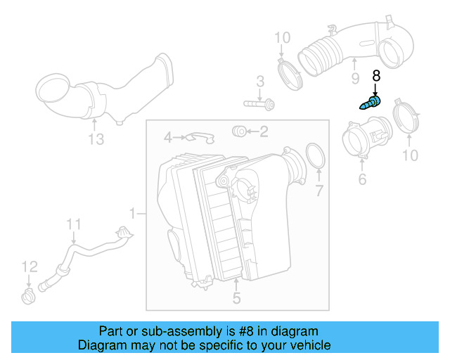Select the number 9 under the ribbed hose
point(355,79)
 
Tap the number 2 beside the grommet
point(263,131)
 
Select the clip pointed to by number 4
point(199,136)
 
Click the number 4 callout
point(167,136)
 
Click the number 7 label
point(319,190)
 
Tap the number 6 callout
point(362,180)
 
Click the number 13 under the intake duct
point(96,140)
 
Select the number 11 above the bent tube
point(75,224)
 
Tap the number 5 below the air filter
point(236,298)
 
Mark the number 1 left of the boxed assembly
point(133,212)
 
